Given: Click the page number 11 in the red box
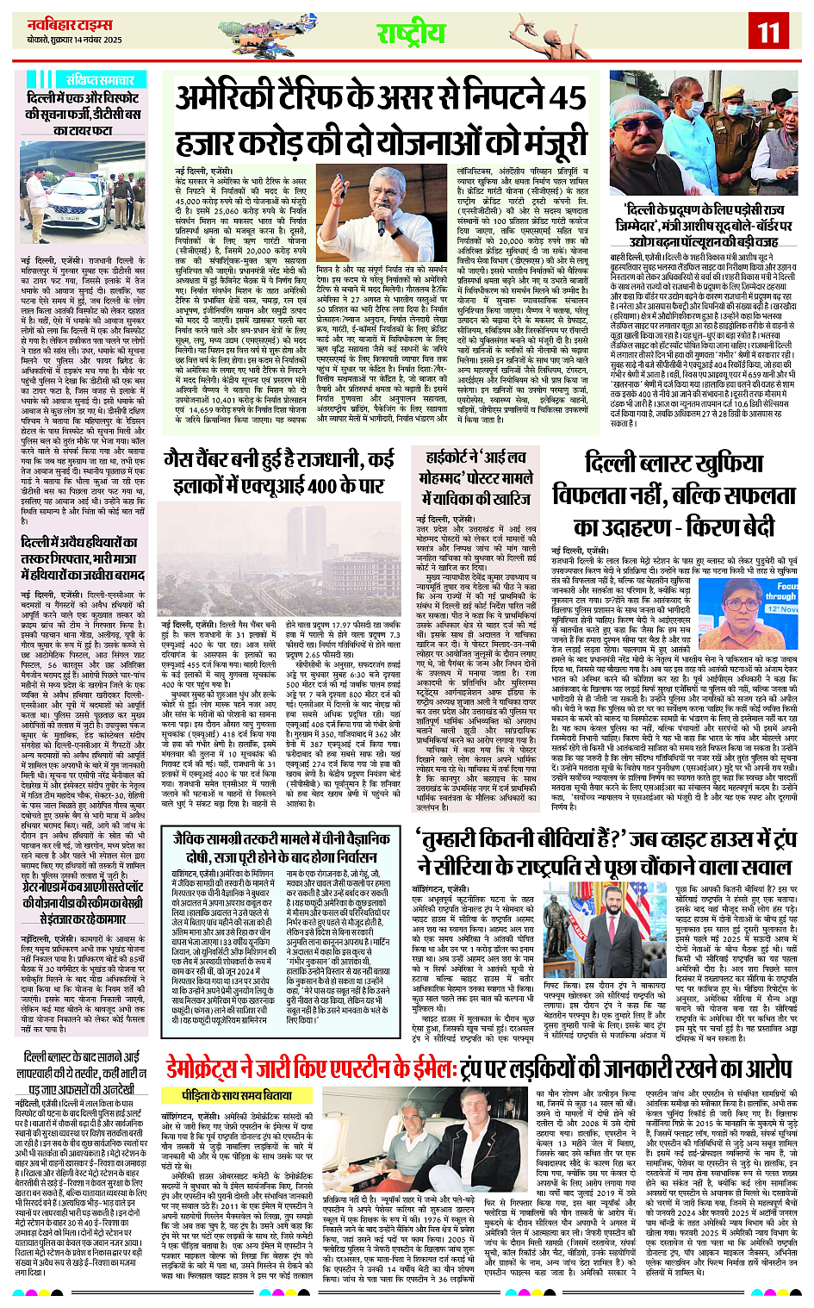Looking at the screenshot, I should click(767, 33).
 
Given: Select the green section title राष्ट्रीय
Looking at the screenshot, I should click(411, 34).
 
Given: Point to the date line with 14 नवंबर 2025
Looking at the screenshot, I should click(73, 40).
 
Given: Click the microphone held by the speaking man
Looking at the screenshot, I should click(381, 227).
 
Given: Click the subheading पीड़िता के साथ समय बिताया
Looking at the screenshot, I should click(237, 1094).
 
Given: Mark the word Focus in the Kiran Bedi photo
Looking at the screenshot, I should click(786, 586).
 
